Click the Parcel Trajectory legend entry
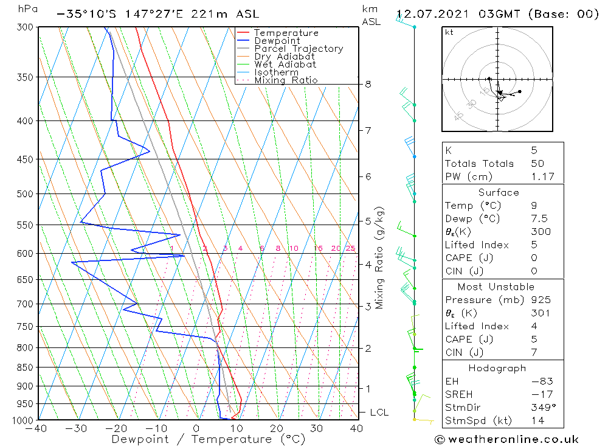point(299,49)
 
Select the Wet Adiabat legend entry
point(285,64)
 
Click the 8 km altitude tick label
point(368,84)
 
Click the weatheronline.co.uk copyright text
point(506,439)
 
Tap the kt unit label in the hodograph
point(449,32)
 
